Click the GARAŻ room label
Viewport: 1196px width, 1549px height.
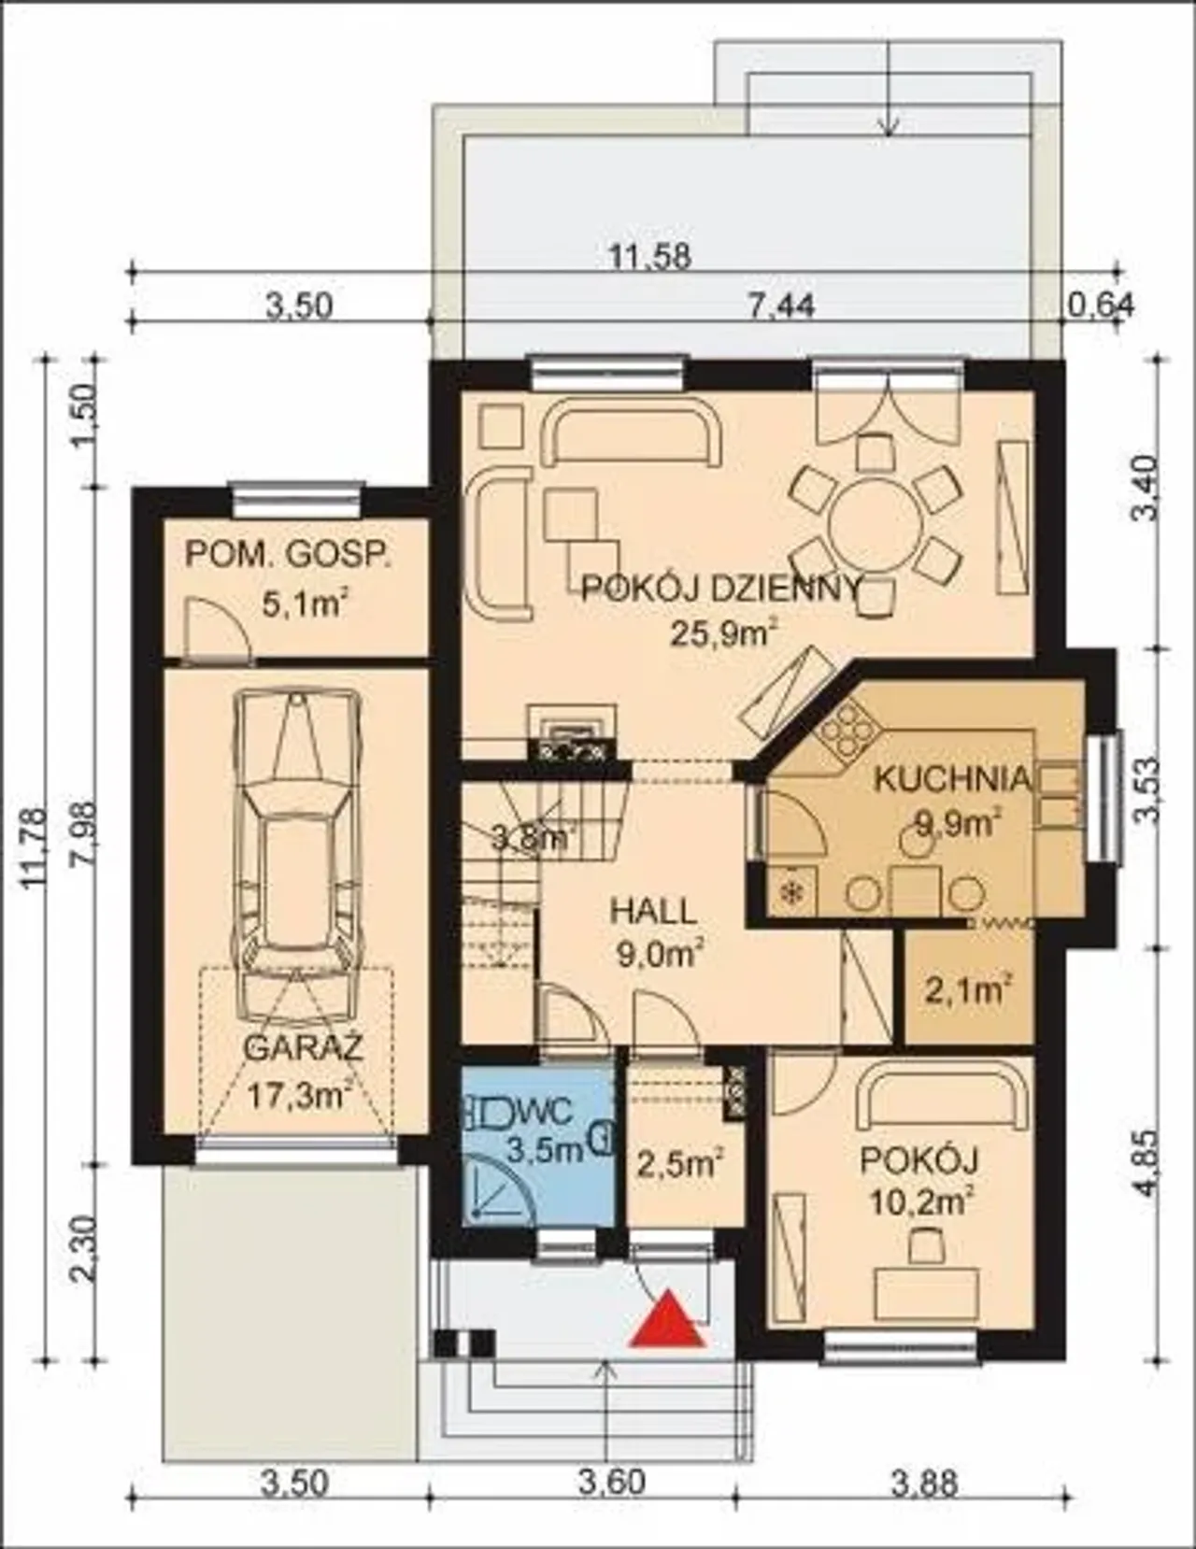pyautogui.click(x=304, y=1048)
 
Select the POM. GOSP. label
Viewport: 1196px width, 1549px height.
pyautogui.click(x=288, y=555)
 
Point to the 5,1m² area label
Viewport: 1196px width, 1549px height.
pyautogui.click(x=305, y=606)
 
